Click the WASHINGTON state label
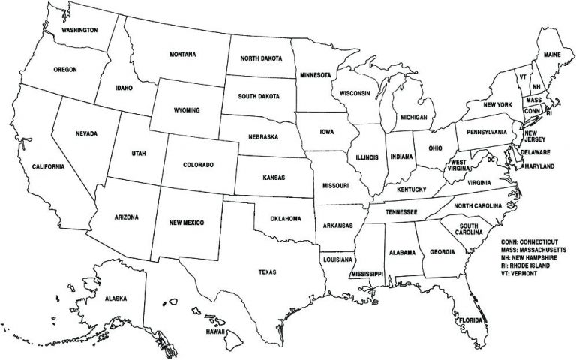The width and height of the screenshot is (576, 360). point(79,30)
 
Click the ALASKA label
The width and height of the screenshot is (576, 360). point(116,298)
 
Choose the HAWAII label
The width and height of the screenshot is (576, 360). point(217,331)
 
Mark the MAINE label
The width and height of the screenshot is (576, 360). point(553,55)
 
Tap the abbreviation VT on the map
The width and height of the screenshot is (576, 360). point(522,76)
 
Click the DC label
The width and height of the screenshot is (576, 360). point(491,160)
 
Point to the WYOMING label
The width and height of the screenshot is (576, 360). point(187,109)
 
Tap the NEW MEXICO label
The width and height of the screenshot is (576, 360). point(186,223)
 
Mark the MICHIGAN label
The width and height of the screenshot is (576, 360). point(413,118)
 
